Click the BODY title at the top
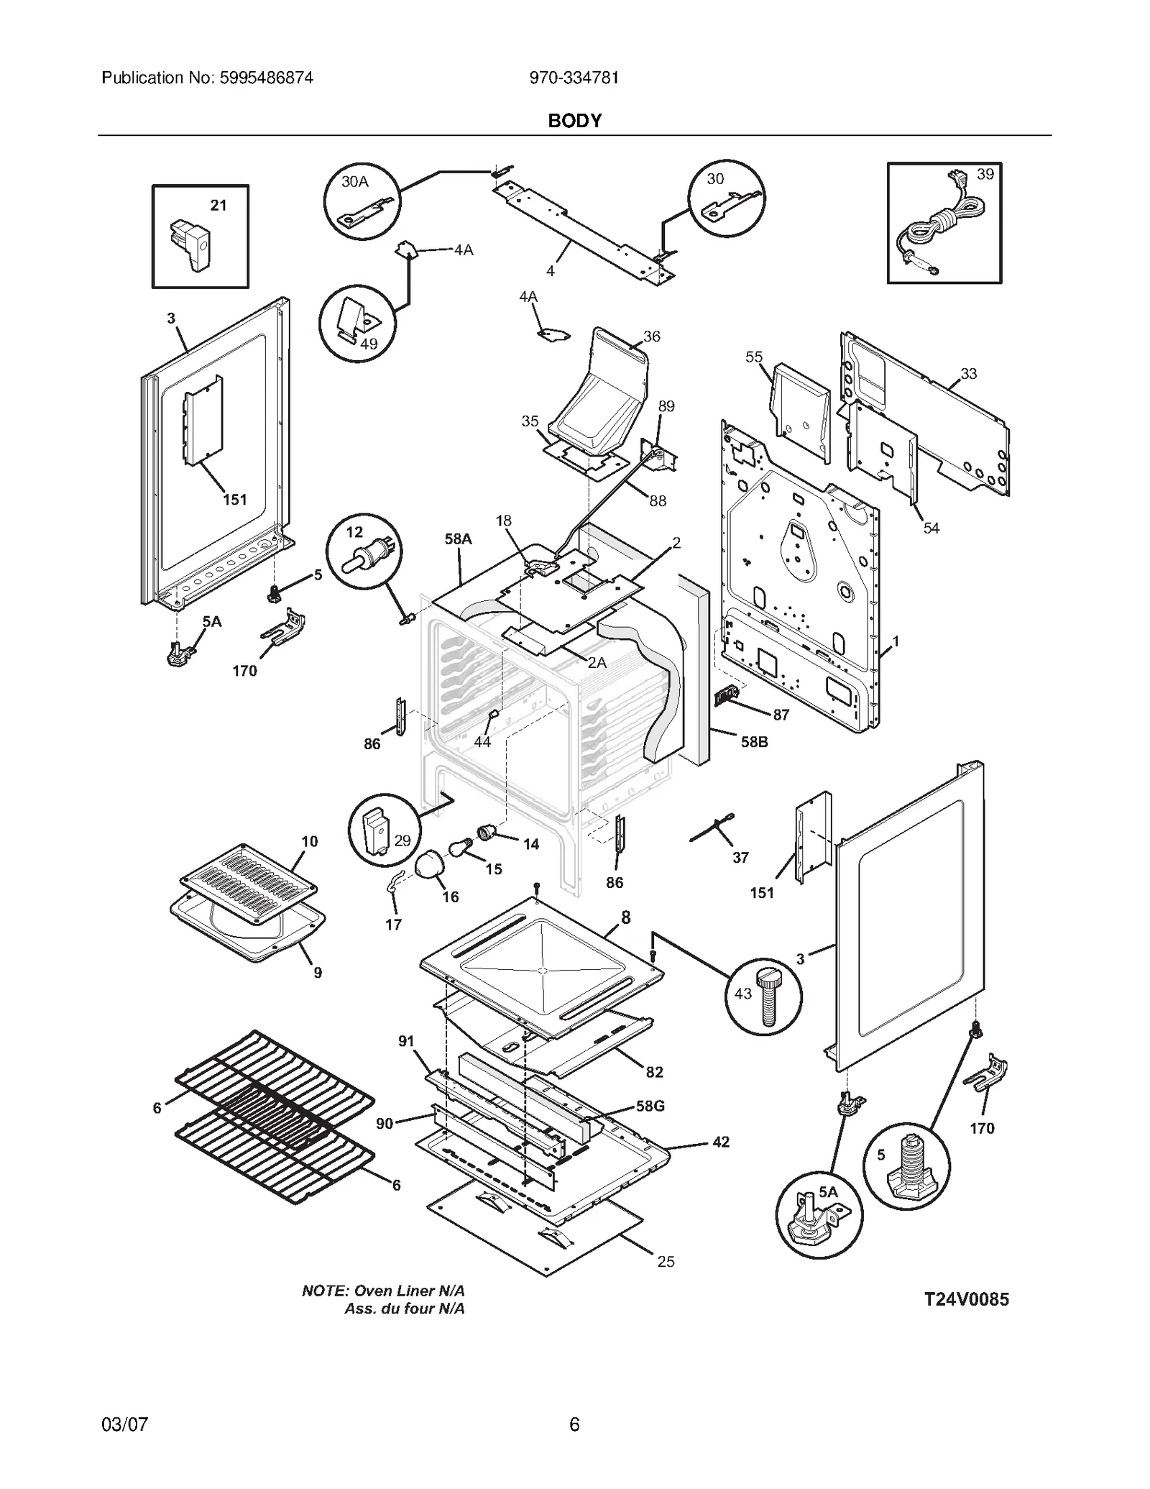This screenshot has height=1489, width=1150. coord(574,121)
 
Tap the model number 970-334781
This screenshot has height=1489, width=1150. coord(574,78)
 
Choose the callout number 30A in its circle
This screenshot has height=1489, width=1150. coord(354,182)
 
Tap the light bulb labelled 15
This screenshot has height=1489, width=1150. coord(460,849)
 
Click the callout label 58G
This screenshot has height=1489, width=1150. coord(650,1106)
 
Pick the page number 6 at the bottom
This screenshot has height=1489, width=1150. coord(574,1424)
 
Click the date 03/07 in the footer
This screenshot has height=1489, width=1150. coord(125,1424)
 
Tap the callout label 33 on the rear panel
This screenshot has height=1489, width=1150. coord(968,373)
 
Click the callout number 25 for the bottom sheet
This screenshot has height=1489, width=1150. coord(666,1261)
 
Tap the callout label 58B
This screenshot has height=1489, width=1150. coord(754,742)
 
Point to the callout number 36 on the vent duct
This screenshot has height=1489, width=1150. coord(651,336)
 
